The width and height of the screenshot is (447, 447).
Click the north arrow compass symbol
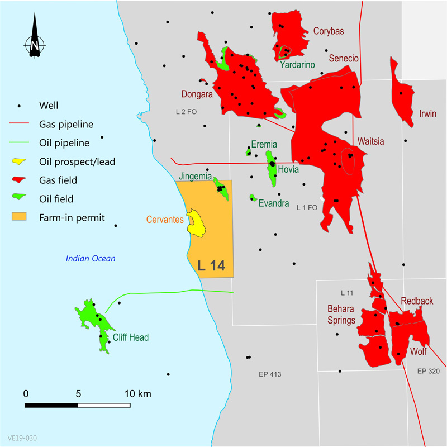tap(34, 37)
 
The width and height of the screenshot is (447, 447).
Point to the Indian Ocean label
tap(90, 258)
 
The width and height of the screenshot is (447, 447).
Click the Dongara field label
tap(196, 94)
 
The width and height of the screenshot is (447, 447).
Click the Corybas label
tap(329, 31)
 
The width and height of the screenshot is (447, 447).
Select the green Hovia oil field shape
tap(272, 168)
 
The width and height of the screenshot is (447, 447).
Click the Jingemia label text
tap(195, 177)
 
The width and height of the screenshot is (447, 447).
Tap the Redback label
tap(416, 301)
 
